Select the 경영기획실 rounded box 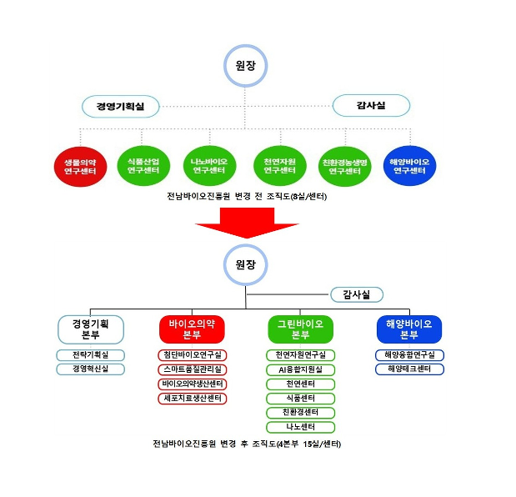(x=120, y=107)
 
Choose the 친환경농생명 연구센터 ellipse (x=344, y=165)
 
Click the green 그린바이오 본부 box (x=300, y=329)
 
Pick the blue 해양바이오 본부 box (x=408, y=329)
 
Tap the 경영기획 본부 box (x=90, y=329)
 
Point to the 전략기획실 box (x=90, y=355)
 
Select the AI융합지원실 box (x=300, y=369)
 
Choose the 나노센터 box (x=300, y=426)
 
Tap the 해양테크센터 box (x=408, y=369)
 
